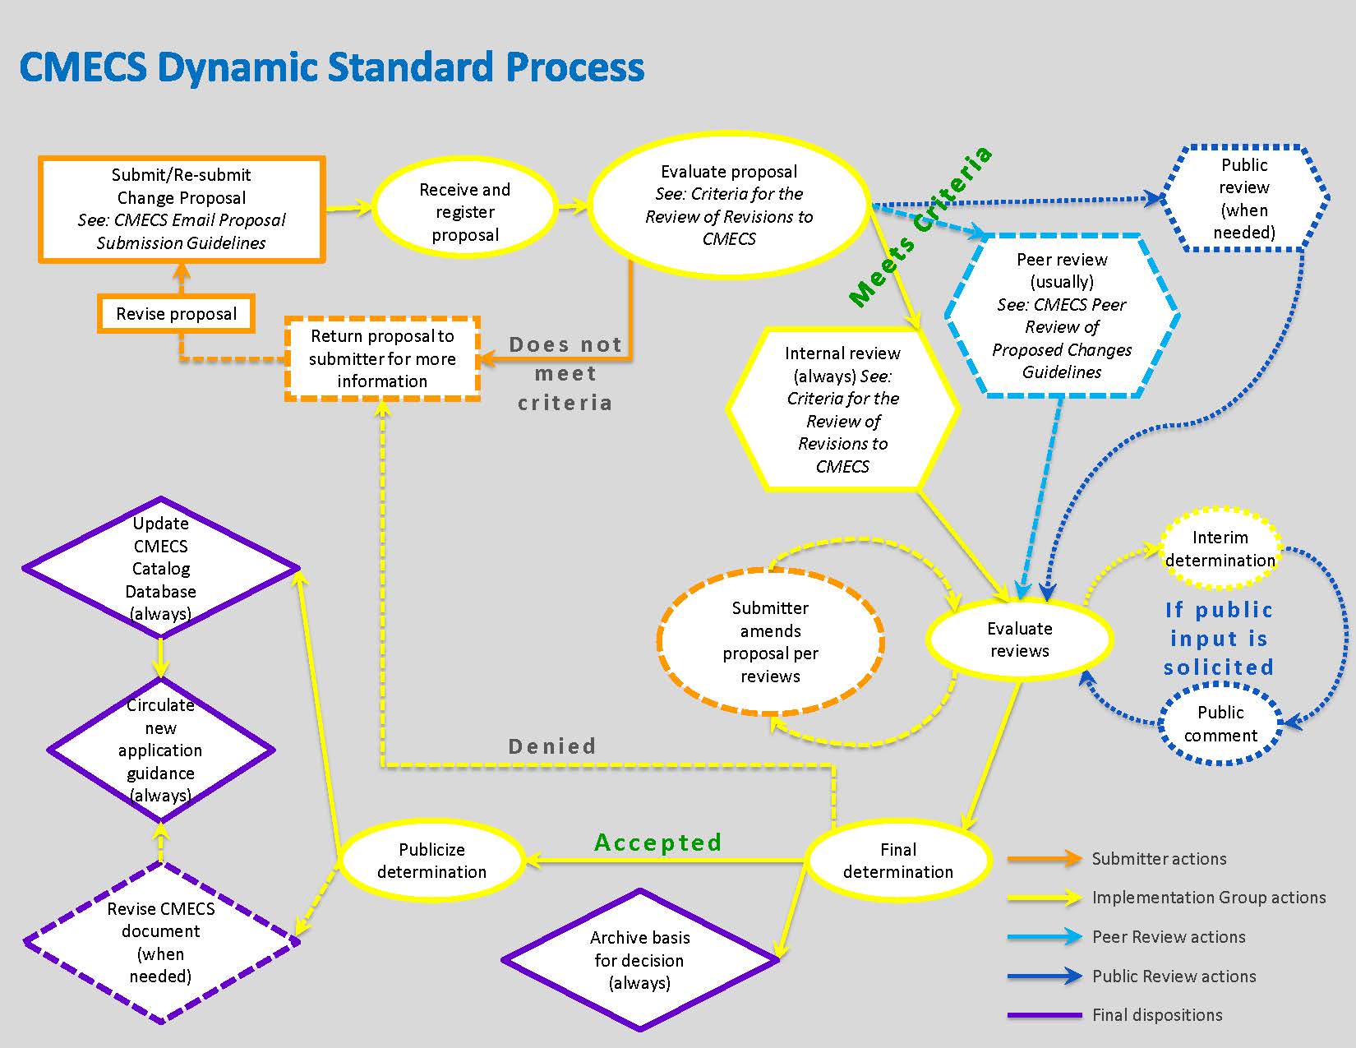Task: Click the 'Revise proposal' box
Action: pyautogui.click(x=176, y=314)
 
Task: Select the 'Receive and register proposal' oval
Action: pyautogui.click(x=464, y=212)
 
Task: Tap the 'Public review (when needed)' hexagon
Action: pyautogui.click(x=1243, y=199)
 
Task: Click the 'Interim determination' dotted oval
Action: pyautogui.click(x=1220, y=549)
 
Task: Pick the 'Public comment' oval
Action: pyautogui.click(x=1220, y=723)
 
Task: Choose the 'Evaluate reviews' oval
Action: pyautogui.click(x=1019, y=639)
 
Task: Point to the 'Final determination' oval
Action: pyautogui.click(x=897, y=861)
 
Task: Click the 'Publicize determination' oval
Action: pyautogui.click(x=431, y=861)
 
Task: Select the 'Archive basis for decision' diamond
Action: pyautogui.click(x=639, y=960)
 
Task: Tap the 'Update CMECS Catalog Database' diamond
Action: pyautogui.click(x=160, y=568)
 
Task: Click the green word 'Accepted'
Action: pyautogui.click(x=657, y=843)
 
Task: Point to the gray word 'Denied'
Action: pyautogui.click(x=552, y=746)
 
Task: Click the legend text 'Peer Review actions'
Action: pyautogui.click(x=1168, y=937)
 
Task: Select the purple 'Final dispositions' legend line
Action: pyautogui.click(x=1045, y=1015)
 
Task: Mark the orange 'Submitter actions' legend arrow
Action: pyautogui.click(x=1045, y=859)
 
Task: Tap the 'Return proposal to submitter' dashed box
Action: pyautogui.click(x=382, y=358)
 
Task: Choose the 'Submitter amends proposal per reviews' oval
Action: pyautogui.click(x=770, y=642)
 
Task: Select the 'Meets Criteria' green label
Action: pyautogui.click(x=920, y=227)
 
